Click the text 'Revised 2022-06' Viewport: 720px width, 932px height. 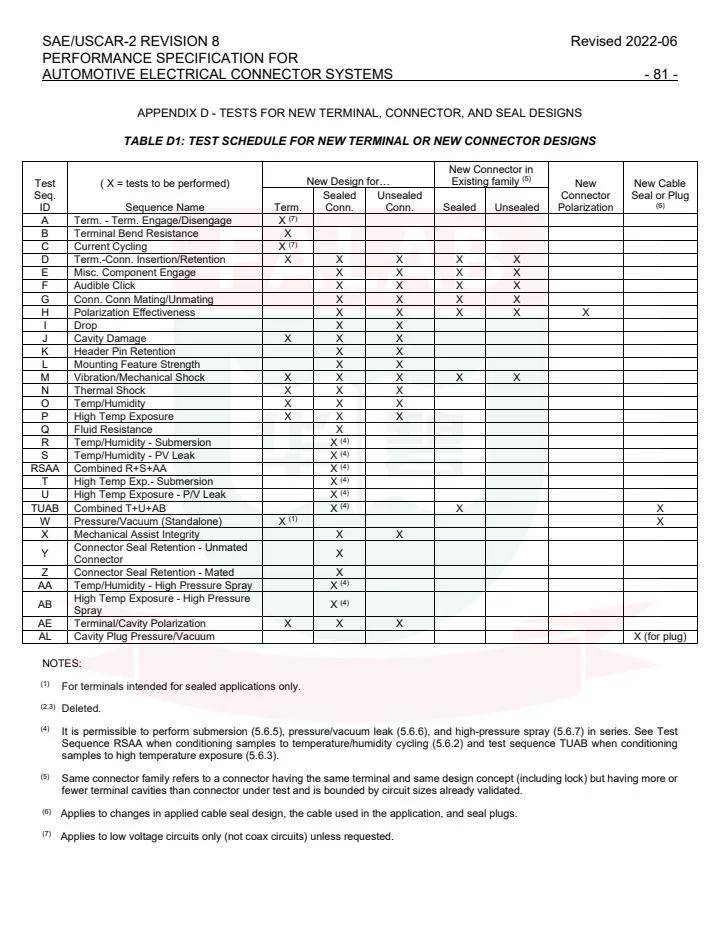pos(621,42)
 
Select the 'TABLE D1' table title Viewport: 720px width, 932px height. pos(359,140)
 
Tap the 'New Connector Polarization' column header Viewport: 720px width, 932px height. pos(585,195)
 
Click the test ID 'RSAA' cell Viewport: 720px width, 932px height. pos(45,468)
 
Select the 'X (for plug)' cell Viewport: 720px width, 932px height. pos(660,637)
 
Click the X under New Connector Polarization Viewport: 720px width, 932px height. pos(585,312)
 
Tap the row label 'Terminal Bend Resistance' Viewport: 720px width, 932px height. pos(135,233)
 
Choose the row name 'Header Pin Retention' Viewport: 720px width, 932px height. pos(126,351)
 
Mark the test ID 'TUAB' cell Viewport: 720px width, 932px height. pos(45,508)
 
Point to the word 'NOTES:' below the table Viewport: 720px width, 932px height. pos(62,663)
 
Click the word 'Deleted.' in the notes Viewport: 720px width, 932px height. pos(85,708)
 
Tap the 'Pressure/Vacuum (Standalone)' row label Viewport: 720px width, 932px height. pos(148,521)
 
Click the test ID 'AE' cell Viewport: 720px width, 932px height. pos(45,623)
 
